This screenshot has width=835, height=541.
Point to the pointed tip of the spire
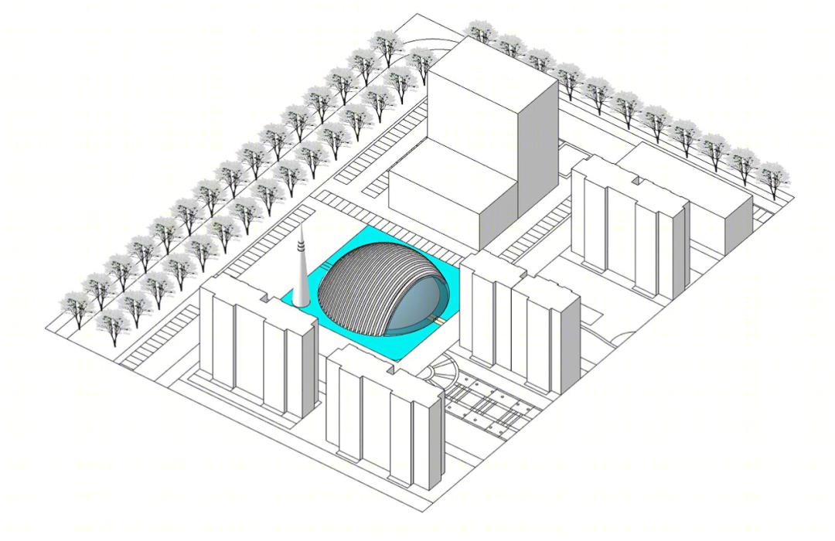[x=300, y=230]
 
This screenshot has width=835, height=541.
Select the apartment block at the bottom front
[x=387, y=417]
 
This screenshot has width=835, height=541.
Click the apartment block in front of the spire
[x=259, y=340]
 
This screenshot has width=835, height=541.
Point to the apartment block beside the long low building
[x=630, y=232]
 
